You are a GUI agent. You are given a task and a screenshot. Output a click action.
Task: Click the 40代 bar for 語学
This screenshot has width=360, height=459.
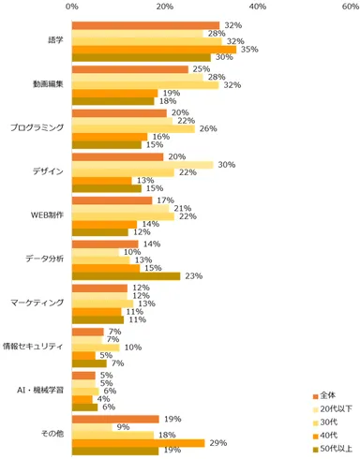pyautogui.click(x=154, y=50)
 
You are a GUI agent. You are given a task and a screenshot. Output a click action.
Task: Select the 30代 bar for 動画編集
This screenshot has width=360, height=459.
pyautogui.click(x=144, y=84)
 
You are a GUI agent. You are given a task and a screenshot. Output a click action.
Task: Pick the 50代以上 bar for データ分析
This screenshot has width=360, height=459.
pyautogui.click(x=126, y=275)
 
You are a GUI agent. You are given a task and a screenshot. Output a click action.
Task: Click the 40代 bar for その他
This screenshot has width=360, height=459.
pyautogui.click(x=139, y=442)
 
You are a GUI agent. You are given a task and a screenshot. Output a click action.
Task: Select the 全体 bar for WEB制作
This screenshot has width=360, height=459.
pyautogui.click(x=112, y=200)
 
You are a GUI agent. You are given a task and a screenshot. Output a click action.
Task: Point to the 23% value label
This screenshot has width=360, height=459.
pyautogui.click(x=193, y=275)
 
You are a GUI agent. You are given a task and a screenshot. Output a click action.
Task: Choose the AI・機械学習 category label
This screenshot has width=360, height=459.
pyautogui.click(x=39, y=390)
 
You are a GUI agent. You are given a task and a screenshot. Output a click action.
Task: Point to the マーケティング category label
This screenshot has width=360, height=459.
pyautogui.click(x=37, y=303)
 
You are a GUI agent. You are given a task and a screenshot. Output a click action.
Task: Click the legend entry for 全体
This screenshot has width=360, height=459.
pyautogui.click(x=324, y=393)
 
